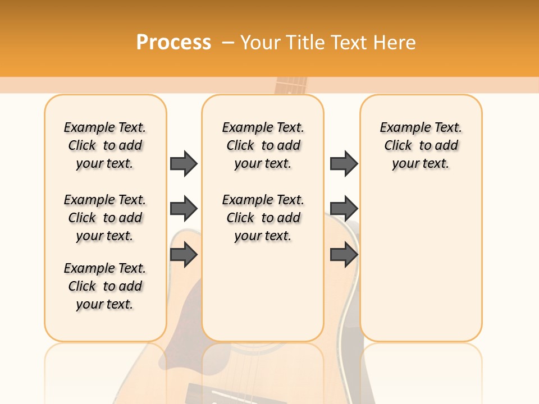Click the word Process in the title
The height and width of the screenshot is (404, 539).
pyautogui.click(x=173, y=42)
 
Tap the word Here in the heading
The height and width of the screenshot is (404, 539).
pyautogui.click(x=395, y=42)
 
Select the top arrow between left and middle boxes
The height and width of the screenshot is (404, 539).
pyautogui.click(x=184, y=163)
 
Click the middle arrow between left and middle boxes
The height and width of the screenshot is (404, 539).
pyautogui.click(x=184, y=209)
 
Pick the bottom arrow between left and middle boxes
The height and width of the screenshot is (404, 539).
pyautogui.click(x=184, y=255)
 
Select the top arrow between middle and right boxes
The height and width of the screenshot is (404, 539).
pyautogui.click(x=344, y=163)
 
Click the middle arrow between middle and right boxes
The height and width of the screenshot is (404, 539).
pyautogui.click(x=344, y=209)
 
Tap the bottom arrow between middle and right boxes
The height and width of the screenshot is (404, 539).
pyautogui.click(x=344, y=255)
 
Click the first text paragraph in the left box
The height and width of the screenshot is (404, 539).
pyautogui.click(x=105, y=145)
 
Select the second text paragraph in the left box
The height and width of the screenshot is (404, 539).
pyautogui.click(x=105, y=218)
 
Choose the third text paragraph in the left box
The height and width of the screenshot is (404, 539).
pyautogui.click(x=105, y=286)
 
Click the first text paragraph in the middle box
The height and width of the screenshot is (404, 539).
pyautogui.click(x=263, y=145)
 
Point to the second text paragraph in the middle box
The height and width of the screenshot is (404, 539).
pyautogui.click(x=263, y=218)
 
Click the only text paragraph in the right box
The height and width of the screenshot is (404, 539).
pyautogui.click(x=421, y=145)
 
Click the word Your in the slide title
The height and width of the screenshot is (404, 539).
pyautogui.click(x=261, y=42)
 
